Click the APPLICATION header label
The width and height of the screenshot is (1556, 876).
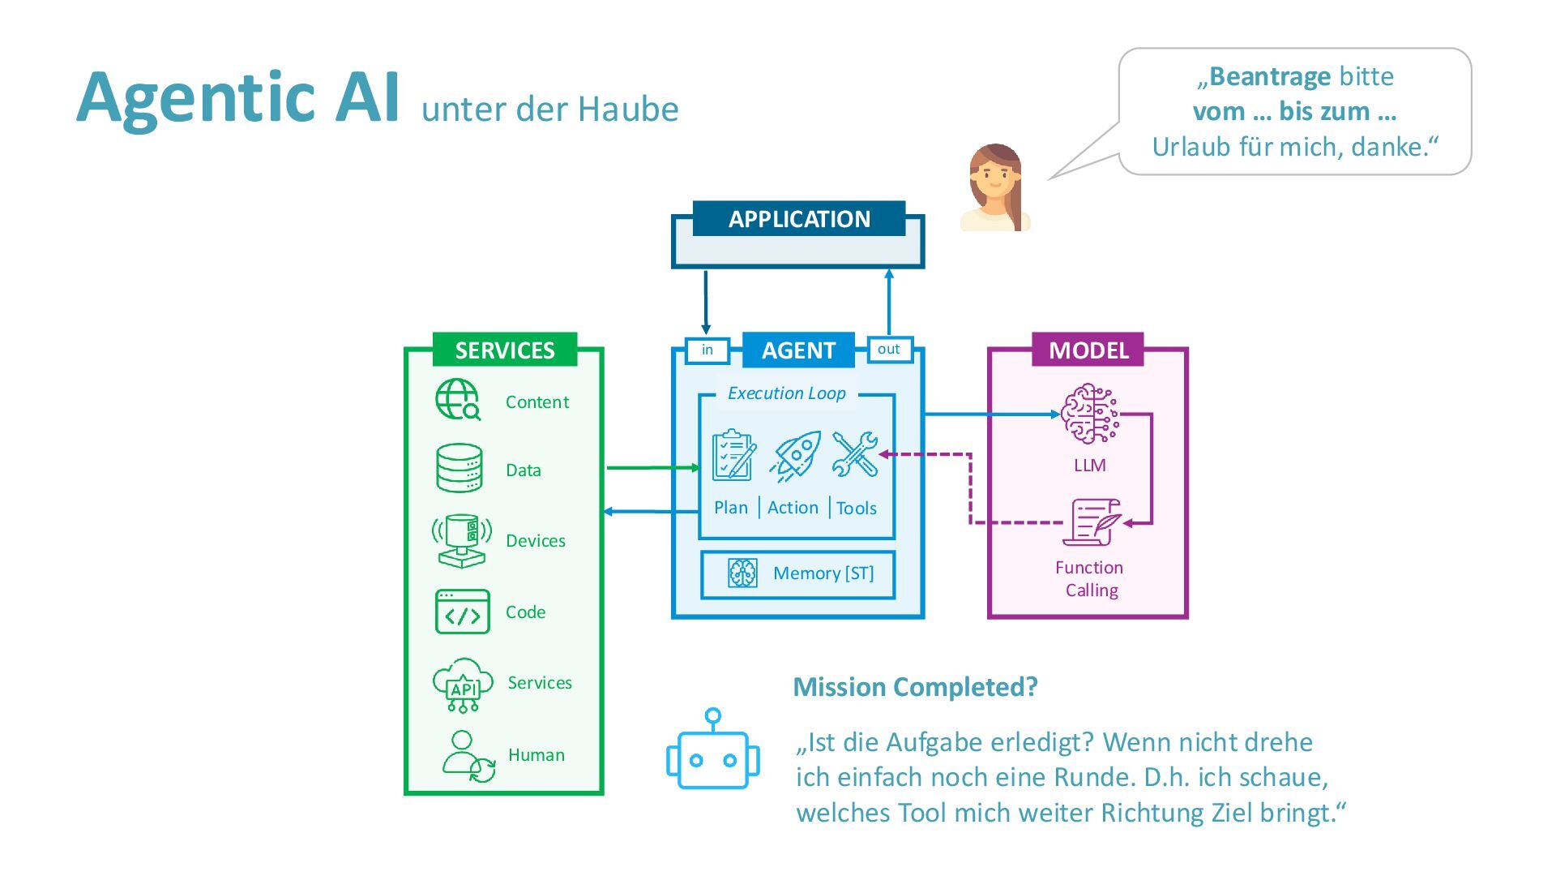799,219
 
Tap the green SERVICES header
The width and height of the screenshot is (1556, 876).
505,350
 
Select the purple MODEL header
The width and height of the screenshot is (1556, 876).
1088,350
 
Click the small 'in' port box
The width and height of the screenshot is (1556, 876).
707,350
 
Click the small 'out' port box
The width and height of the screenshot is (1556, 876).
889,349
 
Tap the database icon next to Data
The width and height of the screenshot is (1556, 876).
460,468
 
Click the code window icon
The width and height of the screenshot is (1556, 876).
462,612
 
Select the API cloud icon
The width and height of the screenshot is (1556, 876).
463,685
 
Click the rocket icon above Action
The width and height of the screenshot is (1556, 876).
796,456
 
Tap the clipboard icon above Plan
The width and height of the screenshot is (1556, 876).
733,456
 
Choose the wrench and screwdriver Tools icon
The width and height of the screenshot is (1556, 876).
855,454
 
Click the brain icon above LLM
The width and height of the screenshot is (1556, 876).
1089,414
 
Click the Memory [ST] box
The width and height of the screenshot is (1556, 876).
798,574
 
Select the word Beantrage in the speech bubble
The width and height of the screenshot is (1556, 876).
1269,76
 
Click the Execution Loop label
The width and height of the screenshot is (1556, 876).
786,393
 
